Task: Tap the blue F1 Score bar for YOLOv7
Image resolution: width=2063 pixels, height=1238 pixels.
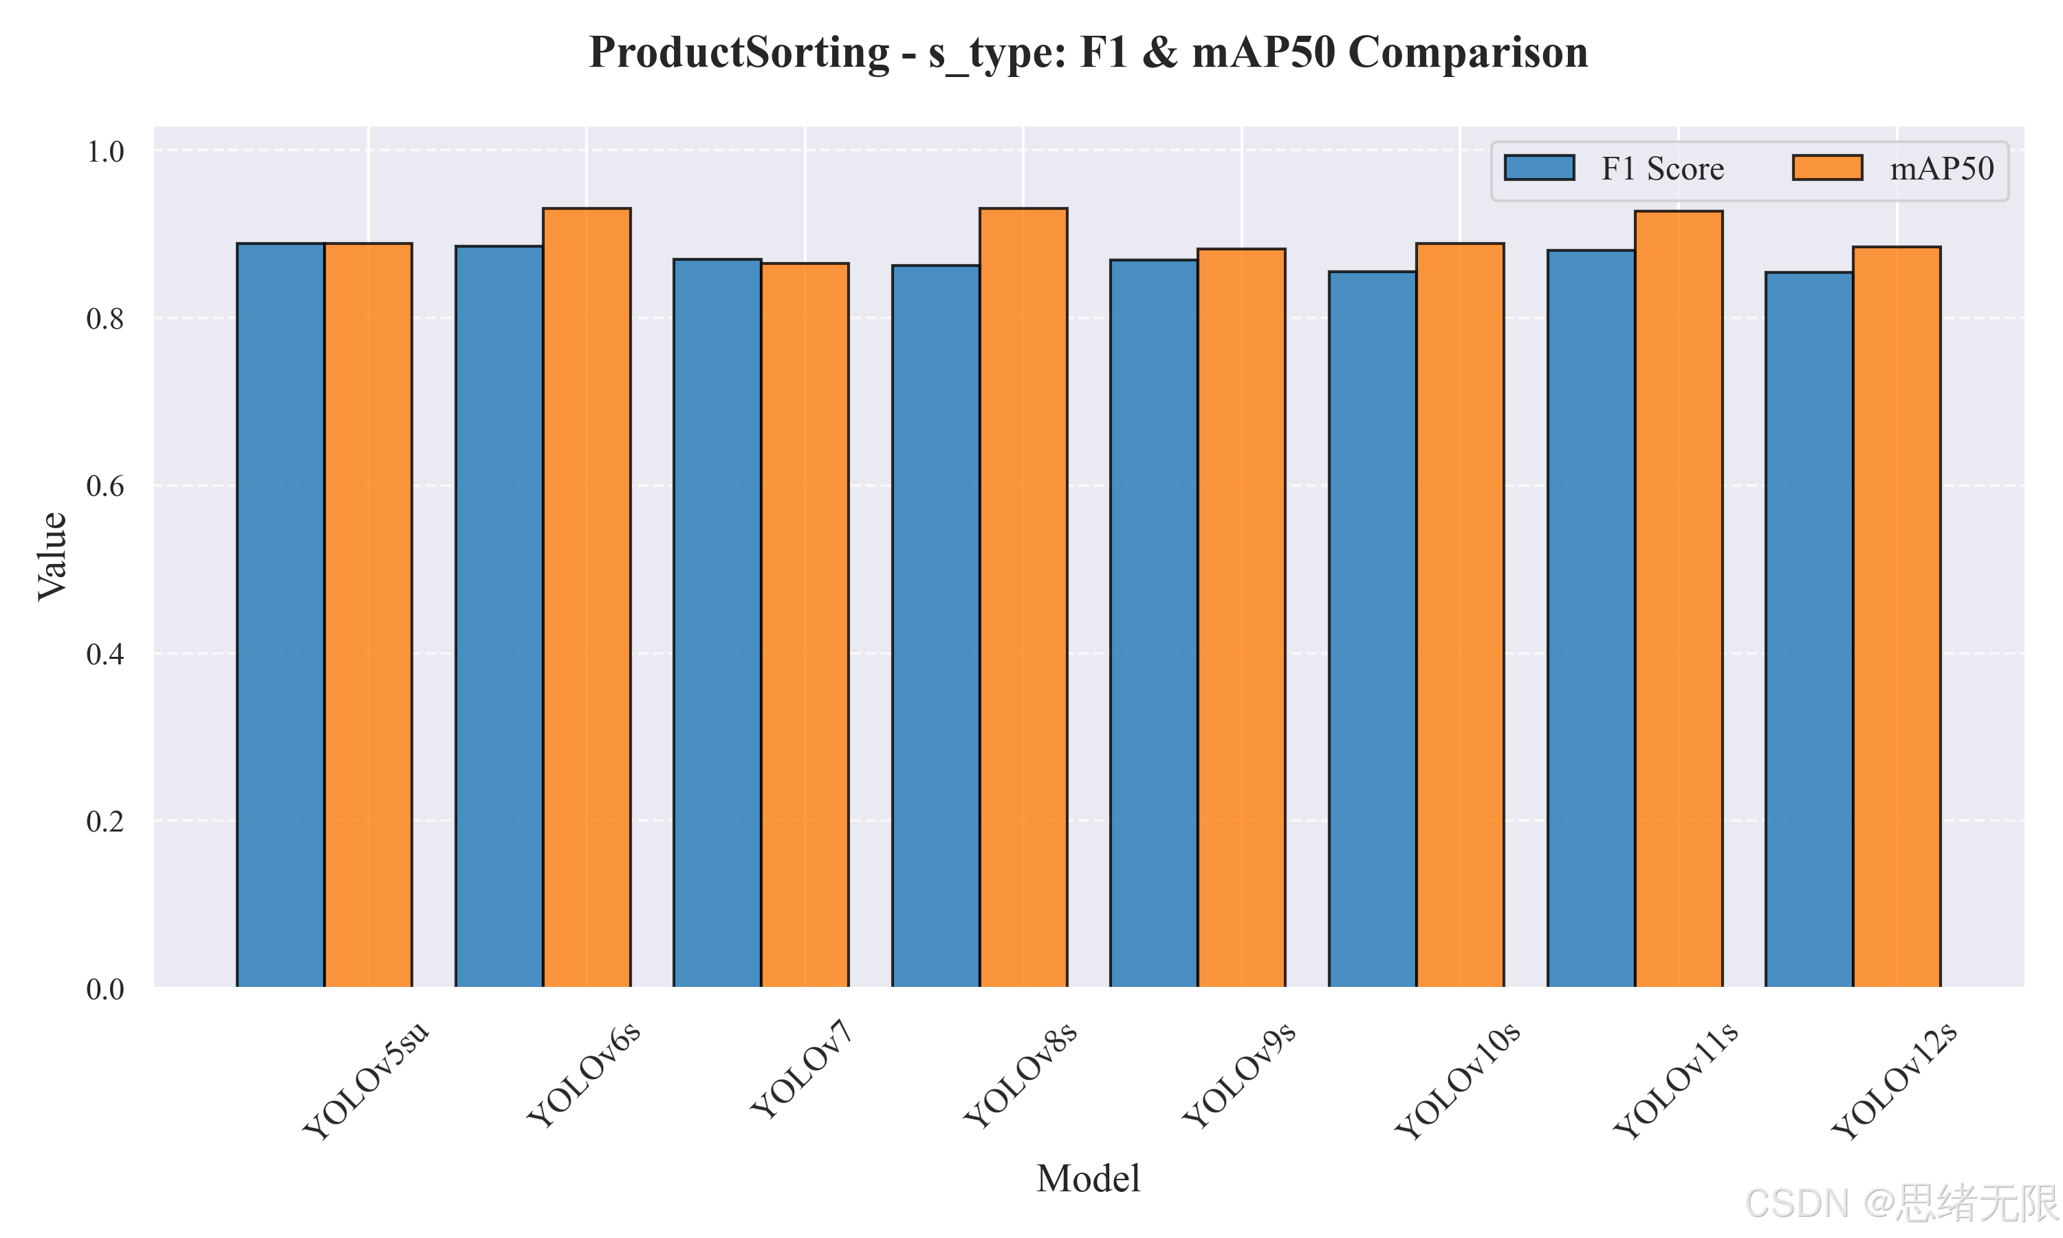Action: (717, 623)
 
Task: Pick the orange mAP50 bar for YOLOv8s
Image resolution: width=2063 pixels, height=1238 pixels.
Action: (1023, 597)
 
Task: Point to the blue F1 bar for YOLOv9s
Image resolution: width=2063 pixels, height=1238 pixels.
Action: (1154, 623)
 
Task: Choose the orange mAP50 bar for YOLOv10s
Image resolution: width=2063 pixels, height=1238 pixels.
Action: (1460, 615)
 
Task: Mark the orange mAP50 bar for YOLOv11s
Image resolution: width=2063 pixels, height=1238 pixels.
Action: (1679, 599)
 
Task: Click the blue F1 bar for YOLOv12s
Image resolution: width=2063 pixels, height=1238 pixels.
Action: (1809, 630)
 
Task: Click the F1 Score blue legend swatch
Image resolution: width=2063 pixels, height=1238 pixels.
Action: (1539, 168)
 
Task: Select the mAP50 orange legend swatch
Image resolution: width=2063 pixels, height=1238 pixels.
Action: (1827, 168)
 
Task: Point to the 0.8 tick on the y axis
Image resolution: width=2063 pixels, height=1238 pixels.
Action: (105, 318)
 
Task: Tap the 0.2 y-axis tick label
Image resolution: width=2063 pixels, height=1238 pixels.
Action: (105, 822)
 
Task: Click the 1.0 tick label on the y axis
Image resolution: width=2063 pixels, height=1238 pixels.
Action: (105, 152)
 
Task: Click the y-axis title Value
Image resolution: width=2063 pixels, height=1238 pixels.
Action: (52, 556)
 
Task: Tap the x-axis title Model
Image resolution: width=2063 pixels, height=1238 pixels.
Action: (1088, 1179)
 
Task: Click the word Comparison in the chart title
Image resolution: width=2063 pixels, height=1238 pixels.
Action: (1467, 52)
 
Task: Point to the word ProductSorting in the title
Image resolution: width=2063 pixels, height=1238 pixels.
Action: (740, 52)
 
